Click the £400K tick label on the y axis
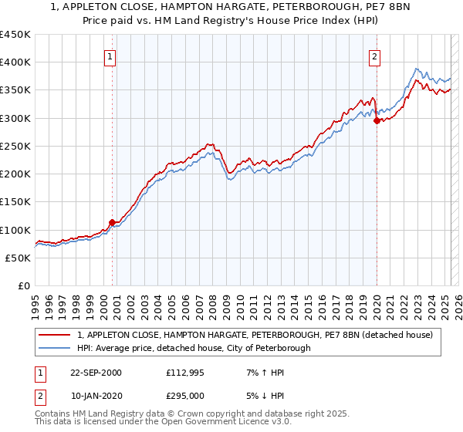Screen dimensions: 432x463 pos(15,62)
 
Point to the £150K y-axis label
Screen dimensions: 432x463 pos(15,202)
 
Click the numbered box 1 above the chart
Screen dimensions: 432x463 pos(110,56)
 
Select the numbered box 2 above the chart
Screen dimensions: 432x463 pos(374,56)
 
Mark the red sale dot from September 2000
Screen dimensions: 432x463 pos(112,222)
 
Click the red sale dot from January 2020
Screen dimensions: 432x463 pos(377,120)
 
